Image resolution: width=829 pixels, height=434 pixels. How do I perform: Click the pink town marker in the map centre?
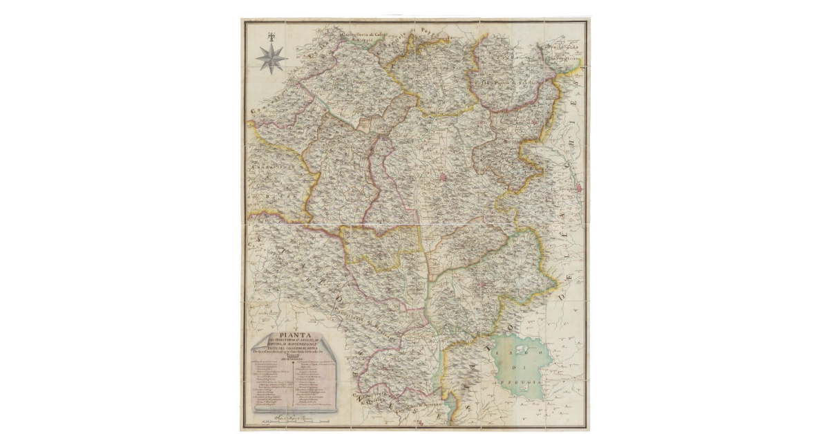click(444, 177)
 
